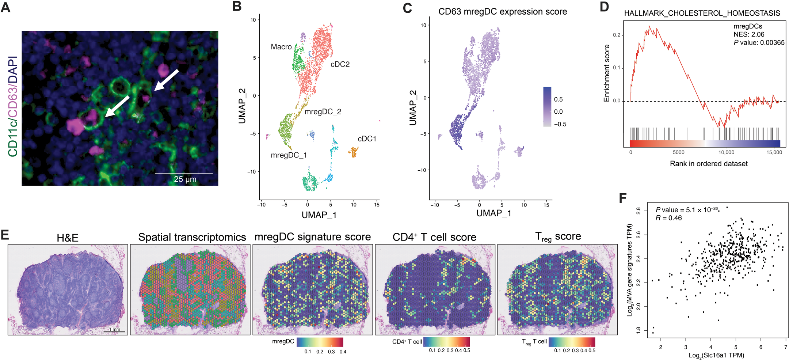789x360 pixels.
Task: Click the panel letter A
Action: tap(6, 8)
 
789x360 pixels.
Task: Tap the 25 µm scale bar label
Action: tap(185, 179)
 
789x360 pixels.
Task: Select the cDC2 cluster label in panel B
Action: tap(340, 64)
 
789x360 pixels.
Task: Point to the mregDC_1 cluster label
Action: tap(289, 155)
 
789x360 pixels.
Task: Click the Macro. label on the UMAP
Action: tap(282, 47)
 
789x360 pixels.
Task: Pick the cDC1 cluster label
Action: tap(367, 139)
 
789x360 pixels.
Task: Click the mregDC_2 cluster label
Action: tap(323, 112)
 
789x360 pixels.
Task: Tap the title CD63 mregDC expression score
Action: tap(503, 12)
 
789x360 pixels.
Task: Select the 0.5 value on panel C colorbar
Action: tap(558, 99)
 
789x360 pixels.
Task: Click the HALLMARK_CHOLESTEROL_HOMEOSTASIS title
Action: tap(702, 13)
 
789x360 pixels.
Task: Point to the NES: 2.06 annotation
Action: tap(749, 34)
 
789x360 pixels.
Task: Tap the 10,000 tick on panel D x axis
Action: tap(726, 152)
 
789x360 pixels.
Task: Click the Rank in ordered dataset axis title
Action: tap(709, 164)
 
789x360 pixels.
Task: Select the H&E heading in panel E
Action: tap(68, 238)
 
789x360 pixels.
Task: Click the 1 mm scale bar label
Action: tap(114, 329)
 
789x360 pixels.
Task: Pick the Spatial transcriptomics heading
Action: tap(192, 238)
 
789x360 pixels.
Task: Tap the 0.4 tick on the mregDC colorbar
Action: tap(343, 352)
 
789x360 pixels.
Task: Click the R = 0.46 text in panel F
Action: tap(668, 218)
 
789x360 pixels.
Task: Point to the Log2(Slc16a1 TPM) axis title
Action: tap(716, 355)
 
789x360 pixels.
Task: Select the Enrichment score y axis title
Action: tap(607, 73)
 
